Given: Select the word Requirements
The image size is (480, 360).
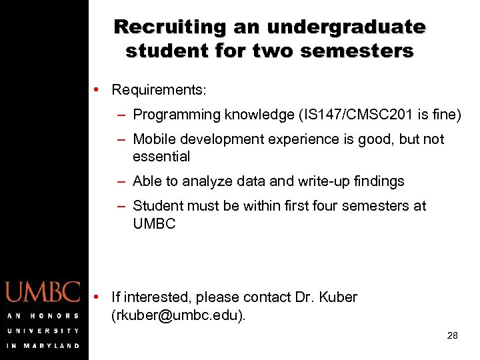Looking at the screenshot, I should [159, 89].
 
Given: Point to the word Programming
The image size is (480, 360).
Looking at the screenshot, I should [175, 115].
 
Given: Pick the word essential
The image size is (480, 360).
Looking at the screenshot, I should [161, 157].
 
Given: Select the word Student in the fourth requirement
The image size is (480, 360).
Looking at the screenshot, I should [159, 206].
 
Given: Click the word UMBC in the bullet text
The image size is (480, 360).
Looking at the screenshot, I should [154, 224].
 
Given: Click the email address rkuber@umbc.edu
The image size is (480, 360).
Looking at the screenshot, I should [178, 315].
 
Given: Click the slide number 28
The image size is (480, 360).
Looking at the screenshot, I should [452, 335].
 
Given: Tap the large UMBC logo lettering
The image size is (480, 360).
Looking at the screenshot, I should [43, 293].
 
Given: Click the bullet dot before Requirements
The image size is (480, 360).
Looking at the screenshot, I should [97, 89].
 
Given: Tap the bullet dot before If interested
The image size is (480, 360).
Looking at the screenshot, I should [97, 296].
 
